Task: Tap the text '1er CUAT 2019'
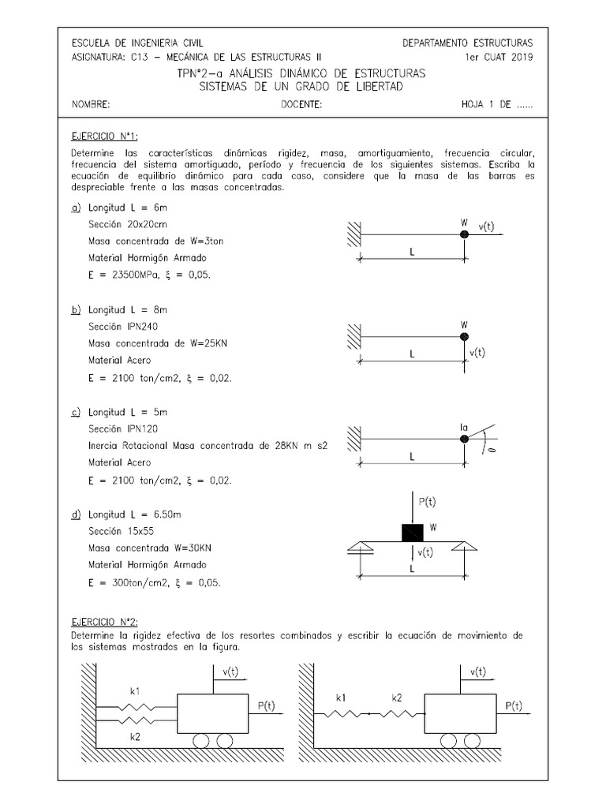point(499,57)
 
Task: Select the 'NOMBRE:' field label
point(91,104)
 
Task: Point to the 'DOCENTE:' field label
point(301,104)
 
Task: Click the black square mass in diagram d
point(413,533)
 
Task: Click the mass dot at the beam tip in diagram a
point(464,234)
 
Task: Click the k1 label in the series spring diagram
point(340,698)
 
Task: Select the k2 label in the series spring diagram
point(397,698)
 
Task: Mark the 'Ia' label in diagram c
point(464,427)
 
